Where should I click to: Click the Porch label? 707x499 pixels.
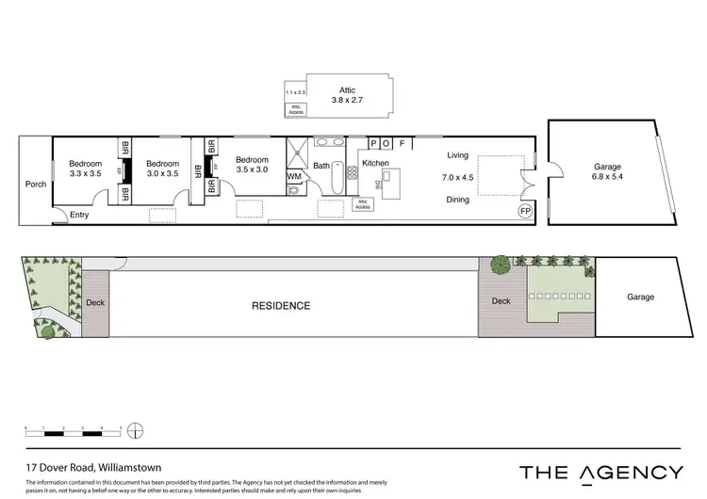click(x=36, y=185)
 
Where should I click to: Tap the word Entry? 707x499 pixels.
click(x=80, y=214)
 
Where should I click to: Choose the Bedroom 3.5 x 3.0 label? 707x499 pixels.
click(x=252, y=165)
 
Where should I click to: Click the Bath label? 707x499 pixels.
click(x=321, y=167)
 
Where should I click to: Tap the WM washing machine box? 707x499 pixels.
click(x=294, y=176)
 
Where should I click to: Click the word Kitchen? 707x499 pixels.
click(x=375, y=163)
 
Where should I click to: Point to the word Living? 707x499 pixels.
click(x=458, y=155)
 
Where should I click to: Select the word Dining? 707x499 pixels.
click(x=458, y=200)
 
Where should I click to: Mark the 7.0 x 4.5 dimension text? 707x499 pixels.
click(x=458, y=177)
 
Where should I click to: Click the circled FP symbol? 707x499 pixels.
click(x=525, y=212)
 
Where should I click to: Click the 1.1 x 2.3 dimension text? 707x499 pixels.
click(x=296, y=92)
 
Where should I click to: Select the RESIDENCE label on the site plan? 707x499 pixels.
click(x=281, y=306)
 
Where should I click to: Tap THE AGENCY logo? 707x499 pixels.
click(x=601, y=472)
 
